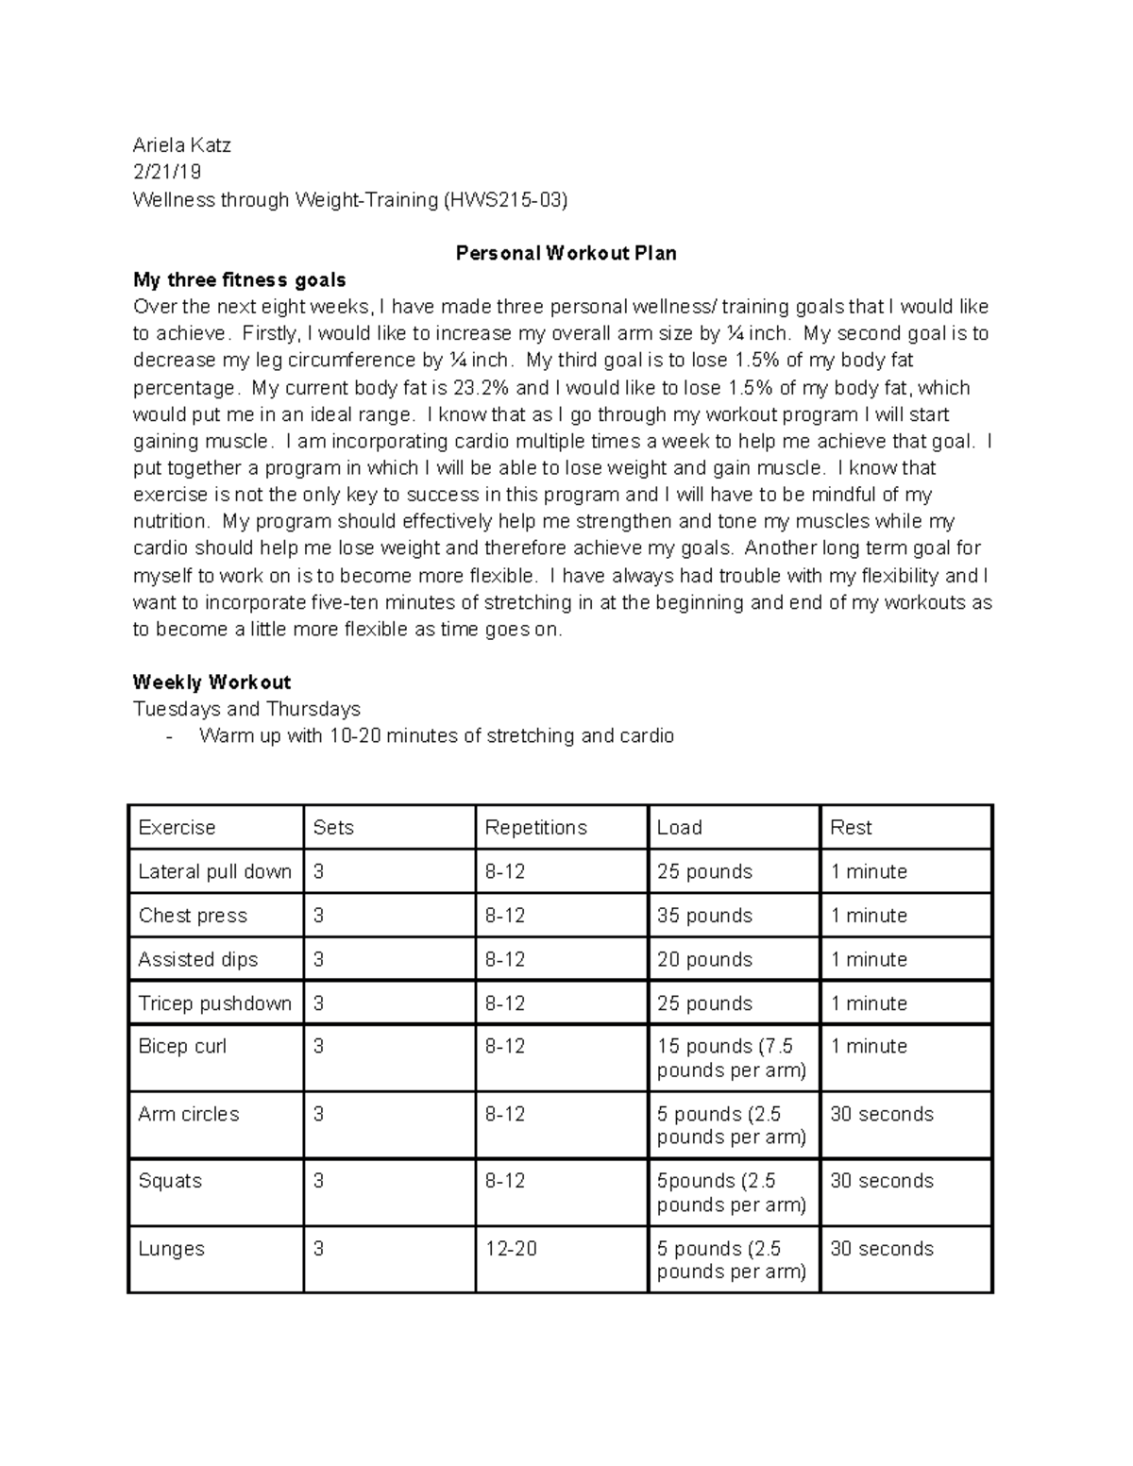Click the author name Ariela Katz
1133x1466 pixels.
point(181,145)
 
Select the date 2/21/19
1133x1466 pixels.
point(167,172)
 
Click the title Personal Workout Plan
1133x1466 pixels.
point(566,253)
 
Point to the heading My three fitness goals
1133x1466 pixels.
point(239,280)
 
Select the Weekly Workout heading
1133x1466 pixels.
point(211,682)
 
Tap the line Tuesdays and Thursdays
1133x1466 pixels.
point(246,709)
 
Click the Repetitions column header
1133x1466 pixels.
point(535,828)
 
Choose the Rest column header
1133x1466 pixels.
point(851,828)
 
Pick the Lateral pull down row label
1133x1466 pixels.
point(214,872)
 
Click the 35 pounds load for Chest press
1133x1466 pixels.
point(704,916)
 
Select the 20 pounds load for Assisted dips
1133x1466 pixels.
point(704,960)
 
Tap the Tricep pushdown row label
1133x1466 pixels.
point(214,1003)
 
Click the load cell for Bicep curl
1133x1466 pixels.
point(731,1058)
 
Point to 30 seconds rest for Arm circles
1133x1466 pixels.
point(881,1114)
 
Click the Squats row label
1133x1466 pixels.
point(170,1181)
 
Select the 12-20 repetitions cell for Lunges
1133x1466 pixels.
point(511,1249)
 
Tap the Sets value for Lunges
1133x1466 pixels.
point(318,1249)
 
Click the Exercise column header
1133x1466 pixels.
point(177,828)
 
